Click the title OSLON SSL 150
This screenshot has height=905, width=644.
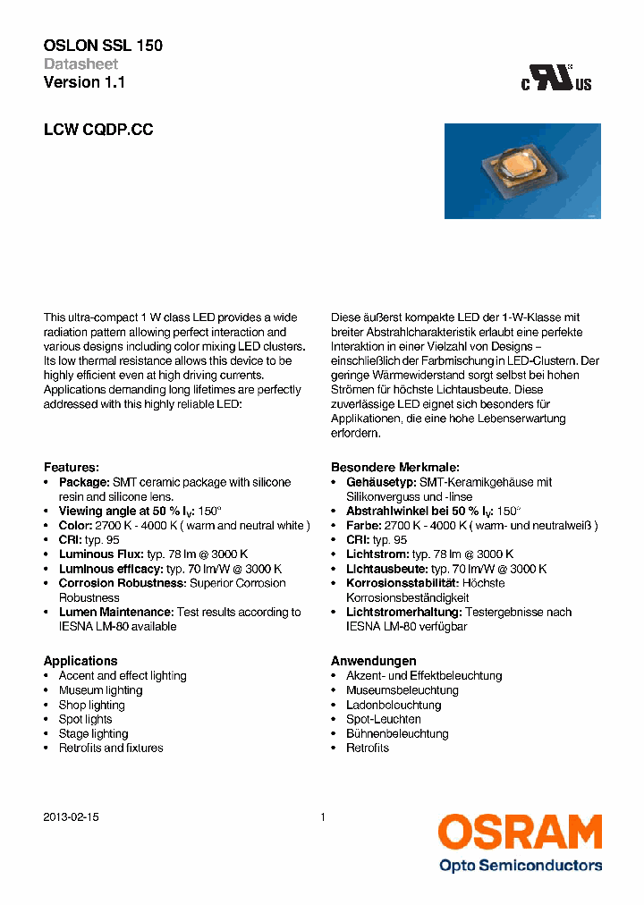[103, 46]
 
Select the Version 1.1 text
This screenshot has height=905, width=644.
[84, 82]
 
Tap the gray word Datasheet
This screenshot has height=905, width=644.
[80, 64]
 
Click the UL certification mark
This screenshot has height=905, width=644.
[557, 79]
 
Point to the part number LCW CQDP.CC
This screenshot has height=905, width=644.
[98, 130]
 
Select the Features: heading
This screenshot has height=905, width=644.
[71, 468]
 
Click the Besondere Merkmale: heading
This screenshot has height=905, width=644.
[394, 468]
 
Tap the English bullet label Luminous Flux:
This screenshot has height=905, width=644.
[98, 554]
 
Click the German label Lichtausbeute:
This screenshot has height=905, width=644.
[386, 569]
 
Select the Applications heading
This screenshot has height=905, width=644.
[80, 661]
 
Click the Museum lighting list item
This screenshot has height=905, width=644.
[100, 690]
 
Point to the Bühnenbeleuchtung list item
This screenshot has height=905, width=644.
[397, 733]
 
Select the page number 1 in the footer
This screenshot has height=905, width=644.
[322, 817]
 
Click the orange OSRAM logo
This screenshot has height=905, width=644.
[520, 833]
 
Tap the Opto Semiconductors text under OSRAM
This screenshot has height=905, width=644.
[520, 865]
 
